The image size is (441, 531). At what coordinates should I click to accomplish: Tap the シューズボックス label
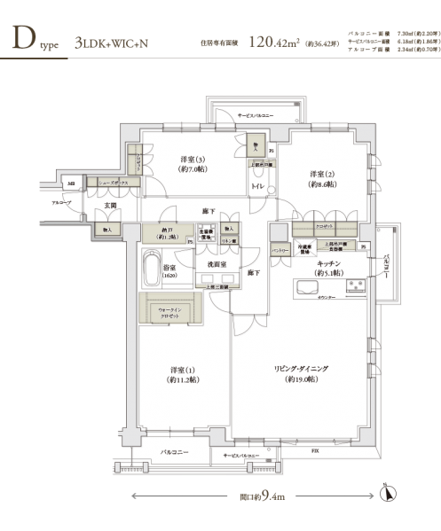tap(115, 181)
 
